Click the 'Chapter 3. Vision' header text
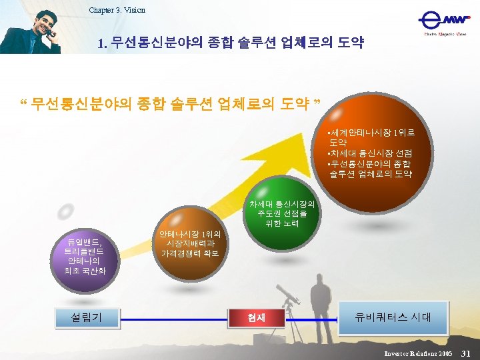(x=117, y=10)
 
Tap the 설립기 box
(x=87, y=317)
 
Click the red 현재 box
(x=257, y=318)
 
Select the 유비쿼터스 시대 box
(x=393, y=317)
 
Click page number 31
(x=466, y=353)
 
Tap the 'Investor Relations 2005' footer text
(x=418, y=353)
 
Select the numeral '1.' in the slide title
(x=102, y=45)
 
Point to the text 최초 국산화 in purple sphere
(x=85, y=271)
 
